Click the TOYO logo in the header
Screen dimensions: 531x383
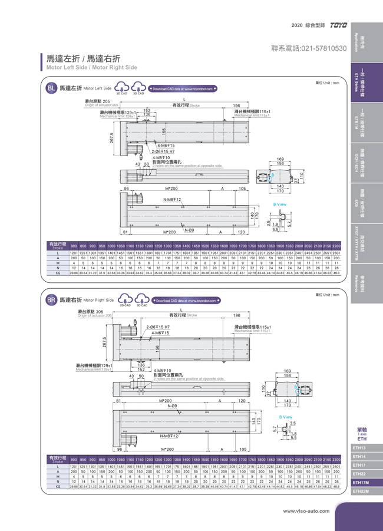pos(339,25)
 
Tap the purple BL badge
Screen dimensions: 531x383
pos(51,89)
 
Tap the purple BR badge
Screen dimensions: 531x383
pos(51,300)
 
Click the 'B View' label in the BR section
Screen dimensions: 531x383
pos(285,417)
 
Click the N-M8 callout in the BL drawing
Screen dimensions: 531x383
pos(172,200)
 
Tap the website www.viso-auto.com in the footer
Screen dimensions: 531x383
pos(306,510)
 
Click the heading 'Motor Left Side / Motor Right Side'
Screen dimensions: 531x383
pos(91,67)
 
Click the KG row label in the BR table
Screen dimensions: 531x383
pos(58,487)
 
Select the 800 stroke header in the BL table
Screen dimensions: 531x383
pos(74,245)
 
